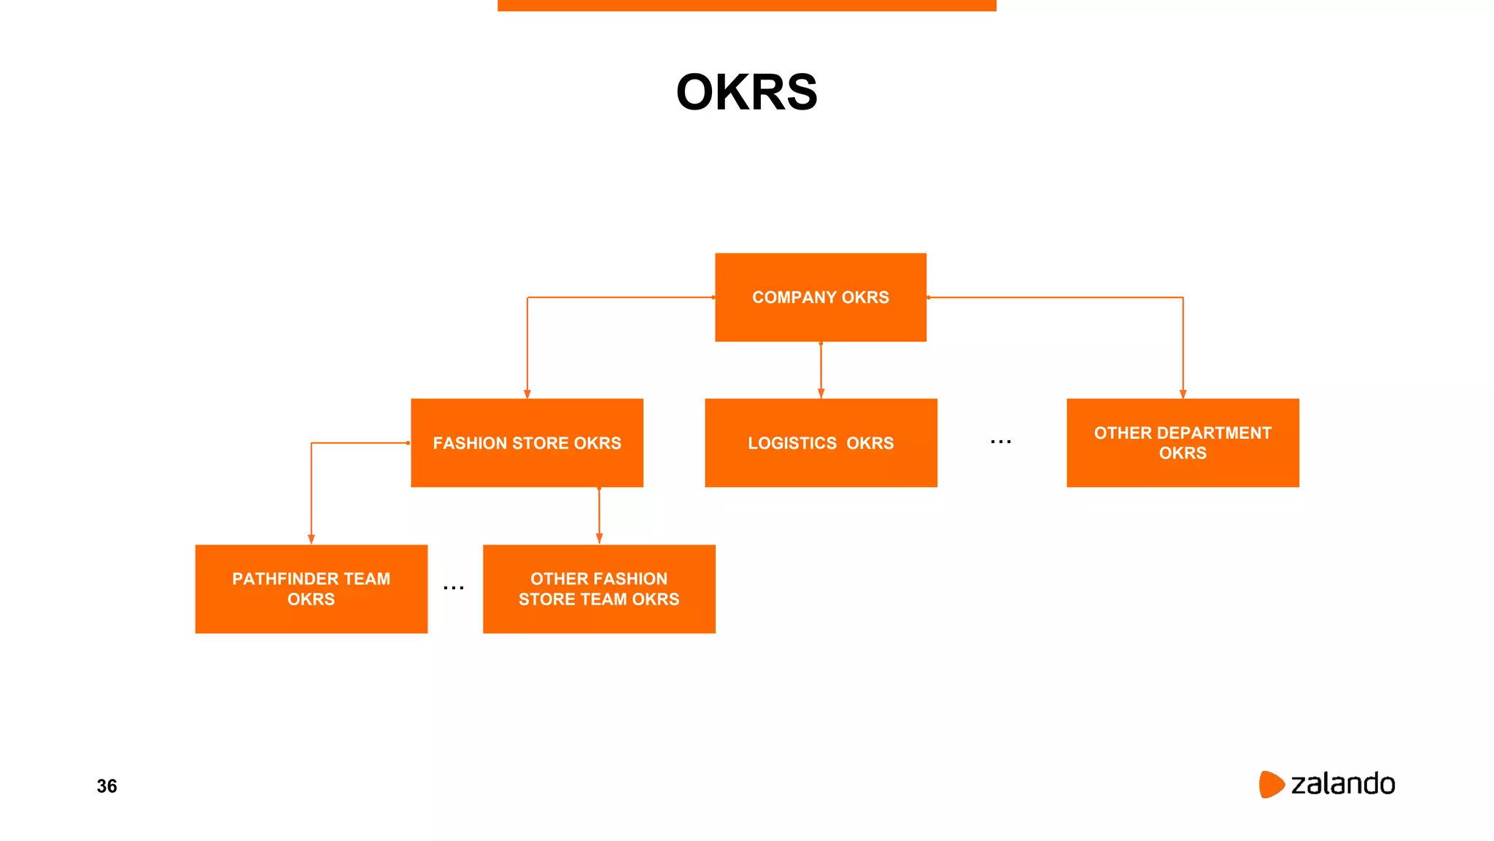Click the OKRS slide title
pos(746,93)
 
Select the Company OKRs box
pos(820,297)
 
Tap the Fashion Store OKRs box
pos(527,443)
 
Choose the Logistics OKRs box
pos(820,443)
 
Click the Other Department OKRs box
pos(1182,443)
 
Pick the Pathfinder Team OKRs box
pos(311,589)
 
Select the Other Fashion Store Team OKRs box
pos(598,589)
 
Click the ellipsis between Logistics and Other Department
pos(1001,442)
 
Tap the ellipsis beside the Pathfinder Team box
pos(454,588)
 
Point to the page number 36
pos(107,786)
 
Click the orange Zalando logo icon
pos(1270,784)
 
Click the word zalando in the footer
pos(1342,784)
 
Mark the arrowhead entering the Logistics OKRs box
pos(821,393)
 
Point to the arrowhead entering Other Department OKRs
pos(1183,393)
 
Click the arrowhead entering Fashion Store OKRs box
pos(527,393)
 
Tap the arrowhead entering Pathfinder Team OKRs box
pos(311,539)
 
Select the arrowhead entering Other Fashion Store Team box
pos(599,539)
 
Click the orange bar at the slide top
pos(746,5)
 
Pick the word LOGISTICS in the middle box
pos(792,443)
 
